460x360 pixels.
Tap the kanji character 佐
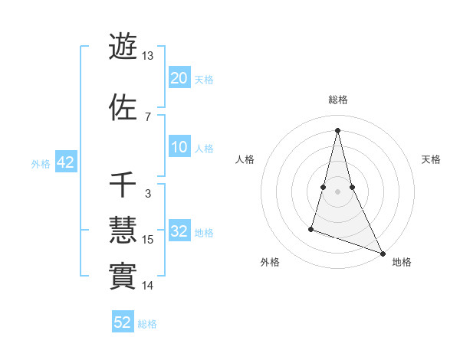(123, 106)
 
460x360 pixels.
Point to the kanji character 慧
(123, 230)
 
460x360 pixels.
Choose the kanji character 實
(123, 276)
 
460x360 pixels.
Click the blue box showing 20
(179, 78)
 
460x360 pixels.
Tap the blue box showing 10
(179, 147)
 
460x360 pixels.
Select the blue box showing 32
(179, 231)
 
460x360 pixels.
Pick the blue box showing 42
(65, 162)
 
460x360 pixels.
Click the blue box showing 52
(123, 322)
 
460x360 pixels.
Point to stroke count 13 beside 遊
(148, 56)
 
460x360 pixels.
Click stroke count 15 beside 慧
(149, 240)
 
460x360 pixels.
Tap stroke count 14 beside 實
(148, 286)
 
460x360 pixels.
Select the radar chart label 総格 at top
(338, 100)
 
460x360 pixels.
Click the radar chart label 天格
(432, 159)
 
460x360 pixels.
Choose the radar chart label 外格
(270, 262)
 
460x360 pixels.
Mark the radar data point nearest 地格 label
(383, 254)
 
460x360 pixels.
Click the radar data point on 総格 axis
(337, 129)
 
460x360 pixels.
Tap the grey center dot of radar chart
(337, 191)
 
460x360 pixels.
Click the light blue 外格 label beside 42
(40, 163)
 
